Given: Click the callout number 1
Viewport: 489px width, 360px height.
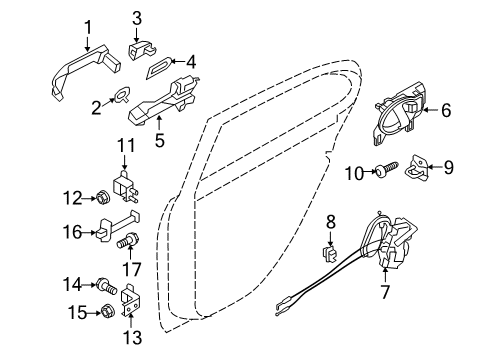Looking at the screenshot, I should (87, 27).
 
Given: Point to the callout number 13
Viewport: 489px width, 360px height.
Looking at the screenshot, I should (128, 337).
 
